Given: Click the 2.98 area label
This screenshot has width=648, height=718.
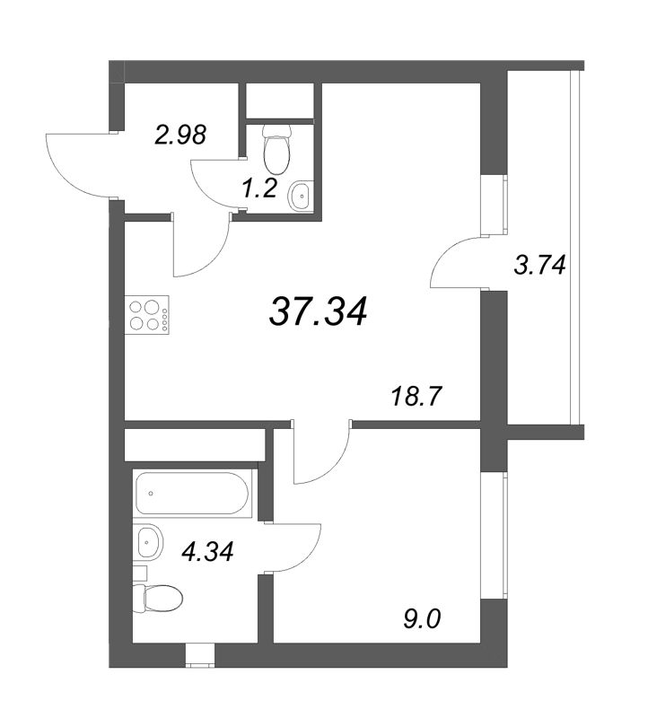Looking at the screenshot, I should [180, 135].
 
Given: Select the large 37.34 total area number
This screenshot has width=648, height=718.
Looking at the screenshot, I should [318, 311].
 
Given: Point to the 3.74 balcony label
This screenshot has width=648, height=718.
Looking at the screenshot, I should [539, 266].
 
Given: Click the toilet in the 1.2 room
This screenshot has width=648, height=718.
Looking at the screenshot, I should [276, 150].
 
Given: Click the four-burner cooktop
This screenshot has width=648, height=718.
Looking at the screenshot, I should [148, 314].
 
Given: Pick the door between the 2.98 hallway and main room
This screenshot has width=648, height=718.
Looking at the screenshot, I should [202, 247].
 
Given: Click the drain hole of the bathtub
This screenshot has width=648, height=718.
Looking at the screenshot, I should [151, 493].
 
